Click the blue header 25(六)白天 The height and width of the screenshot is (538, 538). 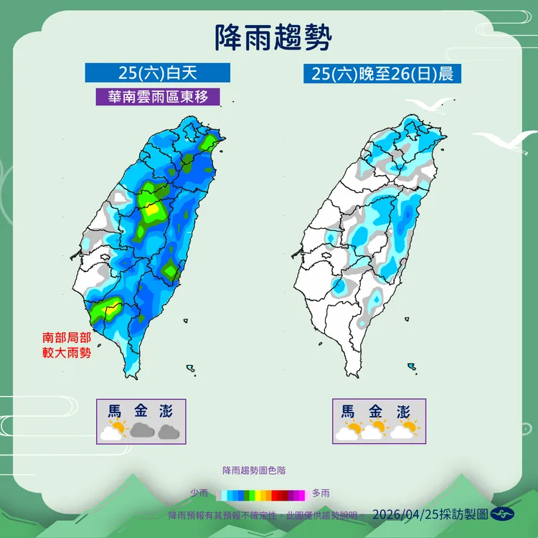click(x=157, y=72)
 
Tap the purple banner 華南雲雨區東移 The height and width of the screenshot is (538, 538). click(x=158, y=96)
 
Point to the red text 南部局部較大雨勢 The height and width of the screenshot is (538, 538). click(x=67, y=344)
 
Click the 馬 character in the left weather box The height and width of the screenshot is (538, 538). click(x=114, y=411)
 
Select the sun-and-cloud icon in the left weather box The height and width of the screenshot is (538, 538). click(x=113, y=431)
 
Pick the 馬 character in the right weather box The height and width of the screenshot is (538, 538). click(x=348, y=411)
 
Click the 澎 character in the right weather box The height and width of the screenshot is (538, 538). click(x=403, y=411)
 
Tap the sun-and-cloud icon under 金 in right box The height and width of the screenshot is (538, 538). click(x=375, y=430)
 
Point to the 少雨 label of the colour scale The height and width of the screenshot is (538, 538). click(x=199, y=493)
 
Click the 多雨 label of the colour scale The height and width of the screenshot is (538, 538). click(x=321, y=493)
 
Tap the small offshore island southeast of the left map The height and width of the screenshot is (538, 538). click(x=191, y=369)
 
